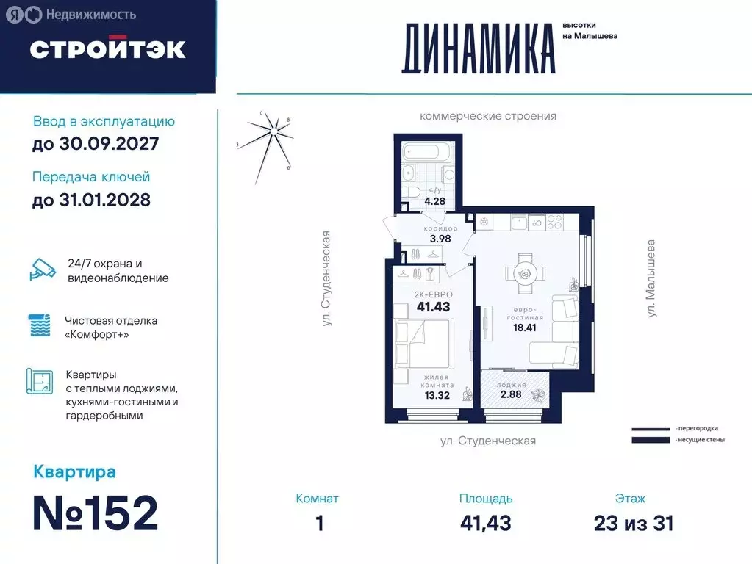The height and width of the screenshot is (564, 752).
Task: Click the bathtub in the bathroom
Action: coord(428,153)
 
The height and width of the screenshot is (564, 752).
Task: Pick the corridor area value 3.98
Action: coord(440,239)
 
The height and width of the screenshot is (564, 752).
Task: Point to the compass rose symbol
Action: coord(273,132)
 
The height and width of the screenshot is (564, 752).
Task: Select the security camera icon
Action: coord(43,270)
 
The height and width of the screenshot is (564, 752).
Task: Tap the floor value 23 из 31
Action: coord(633,523)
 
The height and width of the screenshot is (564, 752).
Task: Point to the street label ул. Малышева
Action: coord(652,278)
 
